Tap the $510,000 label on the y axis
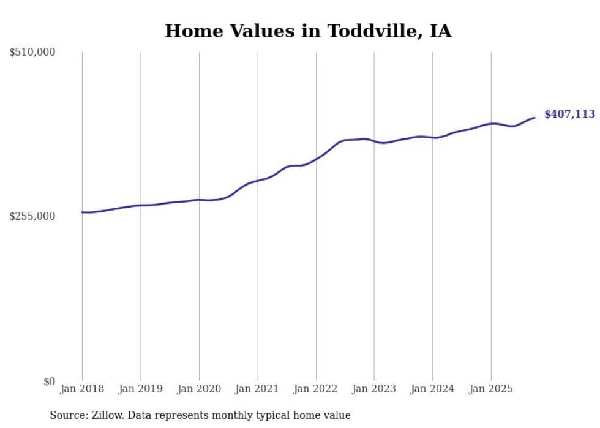[x=32, y=53]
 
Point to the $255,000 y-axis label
[x=32, y=216]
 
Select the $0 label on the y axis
[x=49, y=381]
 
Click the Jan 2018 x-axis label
[x=82, y=389]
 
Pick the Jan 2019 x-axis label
[x=141, y=389]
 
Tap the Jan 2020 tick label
[x=199, y=389]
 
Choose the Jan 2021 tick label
[x=257, y=389]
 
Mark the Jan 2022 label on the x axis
[x=316, y=389]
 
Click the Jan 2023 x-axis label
[x=374, y=389]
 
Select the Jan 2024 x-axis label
[x=432, y=389]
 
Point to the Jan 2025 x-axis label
[x=490, y=389]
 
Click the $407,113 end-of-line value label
[x=569, y=115]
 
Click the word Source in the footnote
[x=68, y=416]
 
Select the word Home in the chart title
[x=190, y=31]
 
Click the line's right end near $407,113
[x=534, y=118]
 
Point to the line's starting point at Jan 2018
[x=82, y=212]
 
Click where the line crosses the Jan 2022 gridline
[x=316, y=159]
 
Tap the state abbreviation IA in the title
[x=441, y=31]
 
